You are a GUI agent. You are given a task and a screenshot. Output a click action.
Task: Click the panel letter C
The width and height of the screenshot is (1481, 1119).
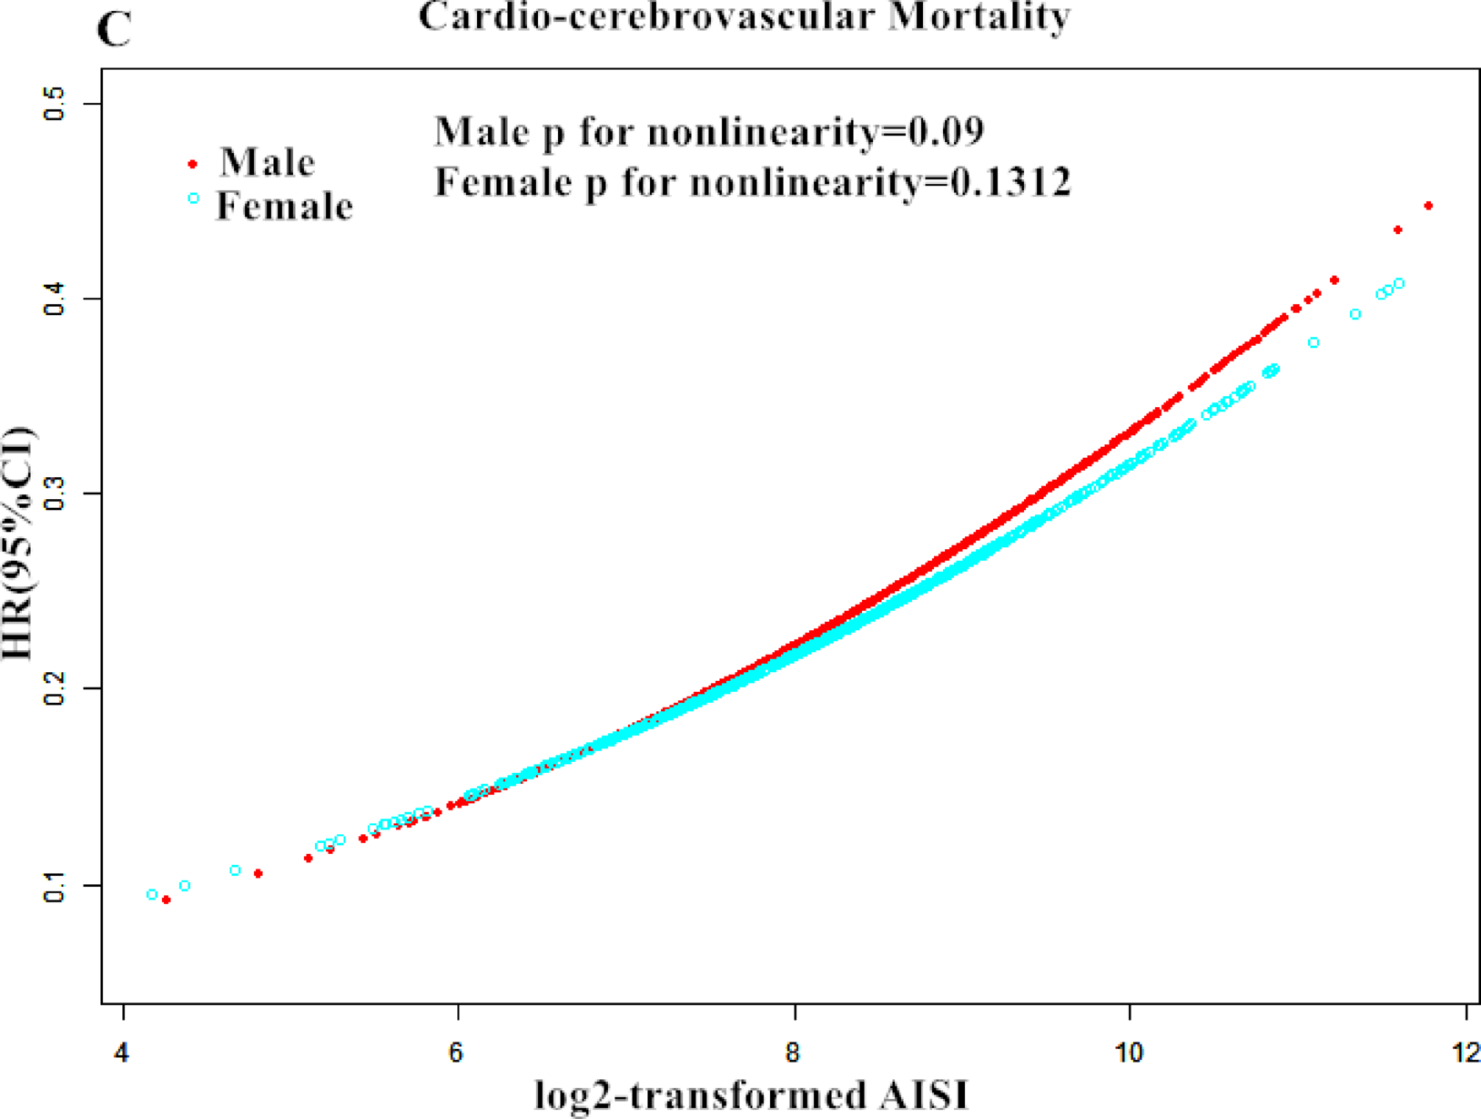tap(114, 29)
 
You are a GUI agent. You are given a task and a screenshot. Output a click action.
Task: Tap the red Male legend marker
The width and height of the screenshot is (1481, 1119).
tap(193, 164)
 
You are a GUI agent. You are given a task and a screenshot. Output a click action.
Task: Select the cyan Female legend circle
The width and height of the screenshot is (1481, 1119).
tap(193, 198)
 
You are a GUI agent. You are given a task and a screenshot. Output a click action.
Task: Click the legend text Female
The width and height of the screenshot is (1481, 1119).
tap(284, 207)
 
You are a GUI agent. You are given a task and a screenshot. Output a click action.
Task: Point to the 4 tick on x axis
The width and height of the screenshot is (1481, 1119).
tap(122, 1053)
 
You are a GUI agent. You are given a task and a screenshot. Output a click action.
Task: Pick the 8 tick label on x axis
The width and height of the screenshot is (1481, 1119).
tap(794, 1053)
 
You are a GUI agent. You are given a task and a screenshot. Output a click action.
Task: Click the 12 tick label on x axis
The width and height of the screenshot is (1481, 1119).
tap(1465, 1053)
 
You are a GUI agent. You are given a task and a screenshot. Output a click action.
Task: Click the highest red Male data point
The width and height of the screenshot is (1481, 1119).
tap(1428, 206)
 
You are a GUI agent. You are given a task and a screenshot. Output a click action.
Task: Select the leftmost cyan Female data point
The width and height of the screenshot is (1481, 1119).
tap(152, 895)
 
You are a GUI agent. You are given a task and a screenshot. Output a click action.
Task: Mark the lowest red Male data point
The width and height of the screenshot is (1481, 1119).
tap(166, 900)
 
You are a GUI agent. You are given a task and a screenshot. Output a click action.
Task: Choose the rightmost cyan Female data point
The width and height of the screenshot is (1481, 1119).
tap(1399, 284)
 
